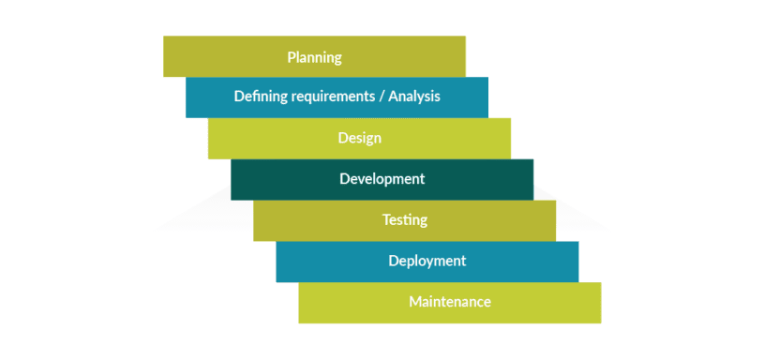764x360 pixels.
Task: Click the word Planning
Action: coord(314,57)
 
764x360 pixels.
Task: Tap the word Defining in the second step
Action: coord(258,96)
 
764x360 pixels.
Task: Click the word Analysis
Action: coord(413,96)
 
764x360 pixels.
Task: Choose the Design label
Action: coord(359,138)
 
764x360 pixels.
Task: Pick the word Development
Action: coord(382,178)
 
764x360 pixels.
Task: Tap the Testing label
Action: coord(404,219)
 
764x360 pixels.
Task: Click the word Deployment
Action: coord(427,261)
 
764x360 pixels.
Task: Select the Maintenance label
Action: coord(449,302)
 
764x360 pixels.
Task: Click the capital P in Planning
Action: coord(291,57)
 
